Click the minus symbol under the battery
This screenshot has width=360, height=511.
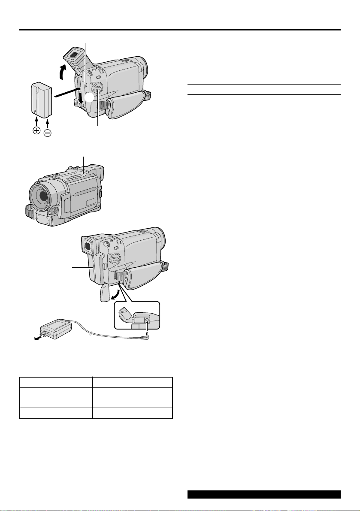[x=47, y=133]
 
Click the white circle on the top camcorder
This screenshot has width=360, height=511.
[x=88, y=98]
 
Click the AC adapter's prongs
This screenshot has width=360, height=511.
[x=43, y=331]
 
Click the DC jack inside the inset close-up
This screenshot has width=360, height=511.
[x=147, y=320]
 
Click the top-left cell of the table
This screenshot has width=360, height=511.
[x=56, y=383]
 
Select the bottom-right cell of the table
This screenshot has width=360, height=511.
[x=132, y=413]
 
